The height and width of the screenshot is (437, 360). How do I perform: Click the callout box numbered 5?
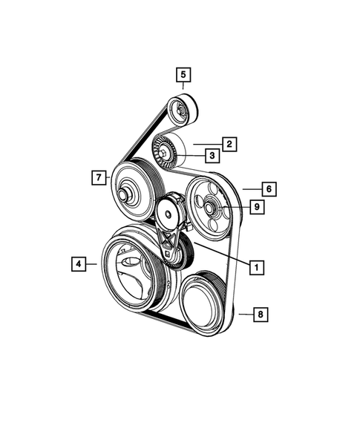[x=183, y=74]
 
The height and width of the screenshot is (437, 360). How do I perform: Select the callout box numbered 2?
[x=230, y=143]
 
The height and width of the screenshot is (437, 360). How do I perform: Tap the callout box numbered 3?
[x=212, y=156]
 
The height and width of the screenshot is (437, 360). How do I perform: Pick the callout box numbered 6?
[x=269, y=189]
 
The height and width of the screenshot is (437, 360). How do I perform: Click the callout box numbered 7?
[x=97, y=177]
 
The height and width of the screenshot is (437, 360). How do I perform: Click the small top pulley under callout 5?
[x=180, y=112]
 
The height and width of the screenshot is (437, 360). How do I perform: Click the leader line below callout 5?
[x=183, y=88]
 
